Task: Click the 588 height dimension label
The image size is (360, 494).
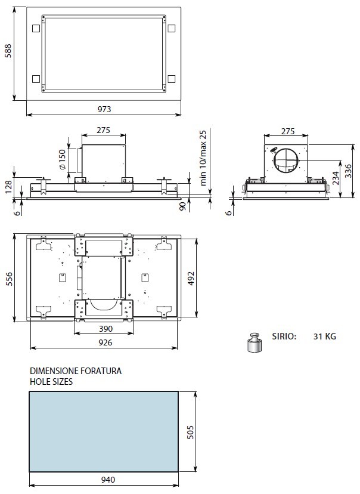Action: [x=8, y=51]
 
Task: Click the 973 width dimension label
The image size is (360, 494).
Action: [x=104, y=109]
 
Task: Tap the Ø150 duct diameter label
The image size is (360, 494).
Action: [x=63, y=160]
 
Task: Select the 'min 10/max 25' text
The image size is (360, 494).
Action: [x=203, y=158]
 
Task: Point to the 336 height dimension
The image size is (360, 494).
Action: [x=348, y=171]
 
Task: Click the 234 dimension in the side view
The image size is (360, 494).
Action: [x=336, y=178]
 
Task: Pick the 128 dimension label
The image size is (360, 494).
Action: [x=8, y=187]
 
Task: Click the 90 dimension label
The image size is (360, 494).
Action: [x=182, y=206]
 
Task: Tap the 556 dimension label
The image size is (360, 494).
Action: [x=9, y=279]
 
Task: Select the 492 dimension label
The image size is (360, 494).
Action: [x=191, y=278]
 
